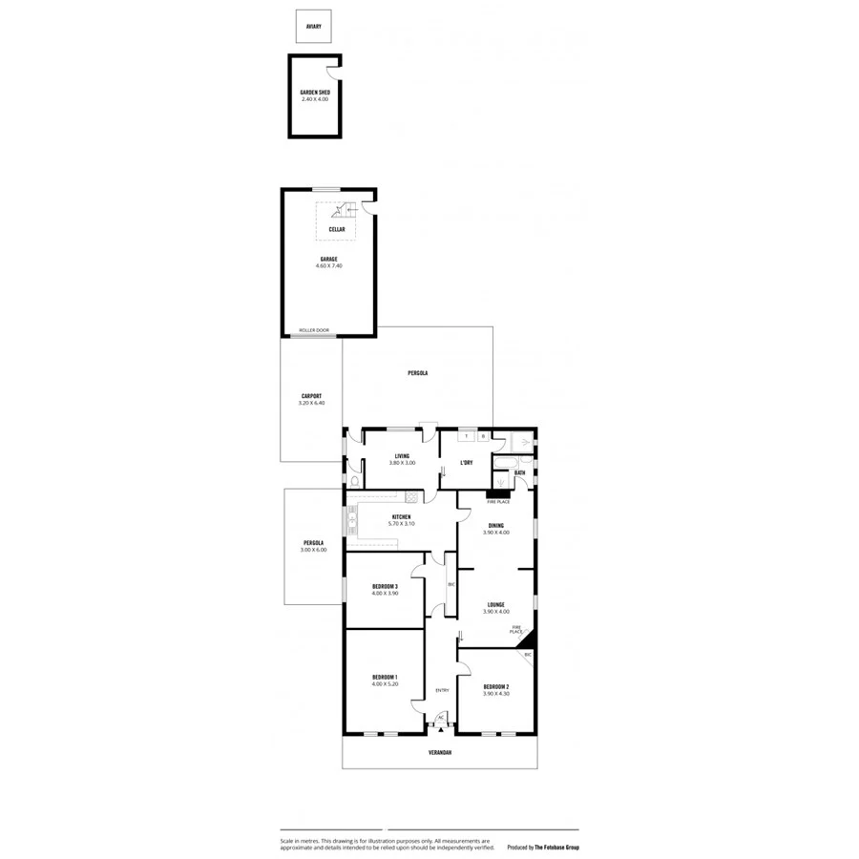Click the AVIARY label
(x=313, y=27)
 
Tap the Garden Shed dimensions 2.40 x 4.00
(x=315, y=98)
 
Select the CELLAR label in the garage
(x=336, y=230)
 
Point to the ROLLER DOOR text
(x=314, y=330)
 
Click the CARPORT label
(x=311, y=396)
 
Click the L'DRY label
(x=467, y=463)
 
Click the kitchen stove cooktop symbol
(x=412, y=496)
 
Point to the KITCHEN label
(x=401, y=517)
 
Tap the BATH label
(x=519, y=472)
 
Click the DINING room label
(x=496, y=526)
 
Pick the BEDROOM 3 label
(x=385, y=586)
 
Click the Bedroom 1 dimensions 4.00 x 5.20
(x=385, y=684)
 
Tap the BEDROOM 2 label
(x=496, y=687)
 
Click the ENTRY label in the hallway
(x=442, y=690)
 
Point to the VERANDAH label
(x=440, y=752)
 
